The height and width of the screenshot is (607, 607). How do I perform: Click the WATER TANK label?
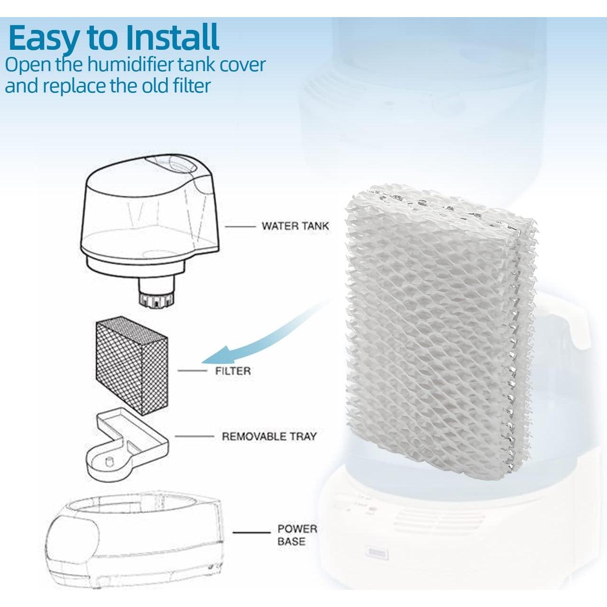tap(295, 226)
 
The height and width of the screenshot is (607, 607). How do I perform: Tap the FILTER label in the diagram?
tap(232, 371)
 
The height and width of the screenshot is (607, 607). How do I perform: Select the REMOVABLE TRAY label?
tap(269, 436)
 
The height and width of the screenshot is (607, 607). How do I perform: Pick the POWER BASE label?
tap(297, 535)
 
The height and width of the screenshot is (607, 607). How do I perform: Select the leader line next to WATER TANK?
tap(240, 227)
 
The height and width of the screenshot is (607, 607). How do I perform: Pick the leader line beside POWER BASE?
tap(251, 533)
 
